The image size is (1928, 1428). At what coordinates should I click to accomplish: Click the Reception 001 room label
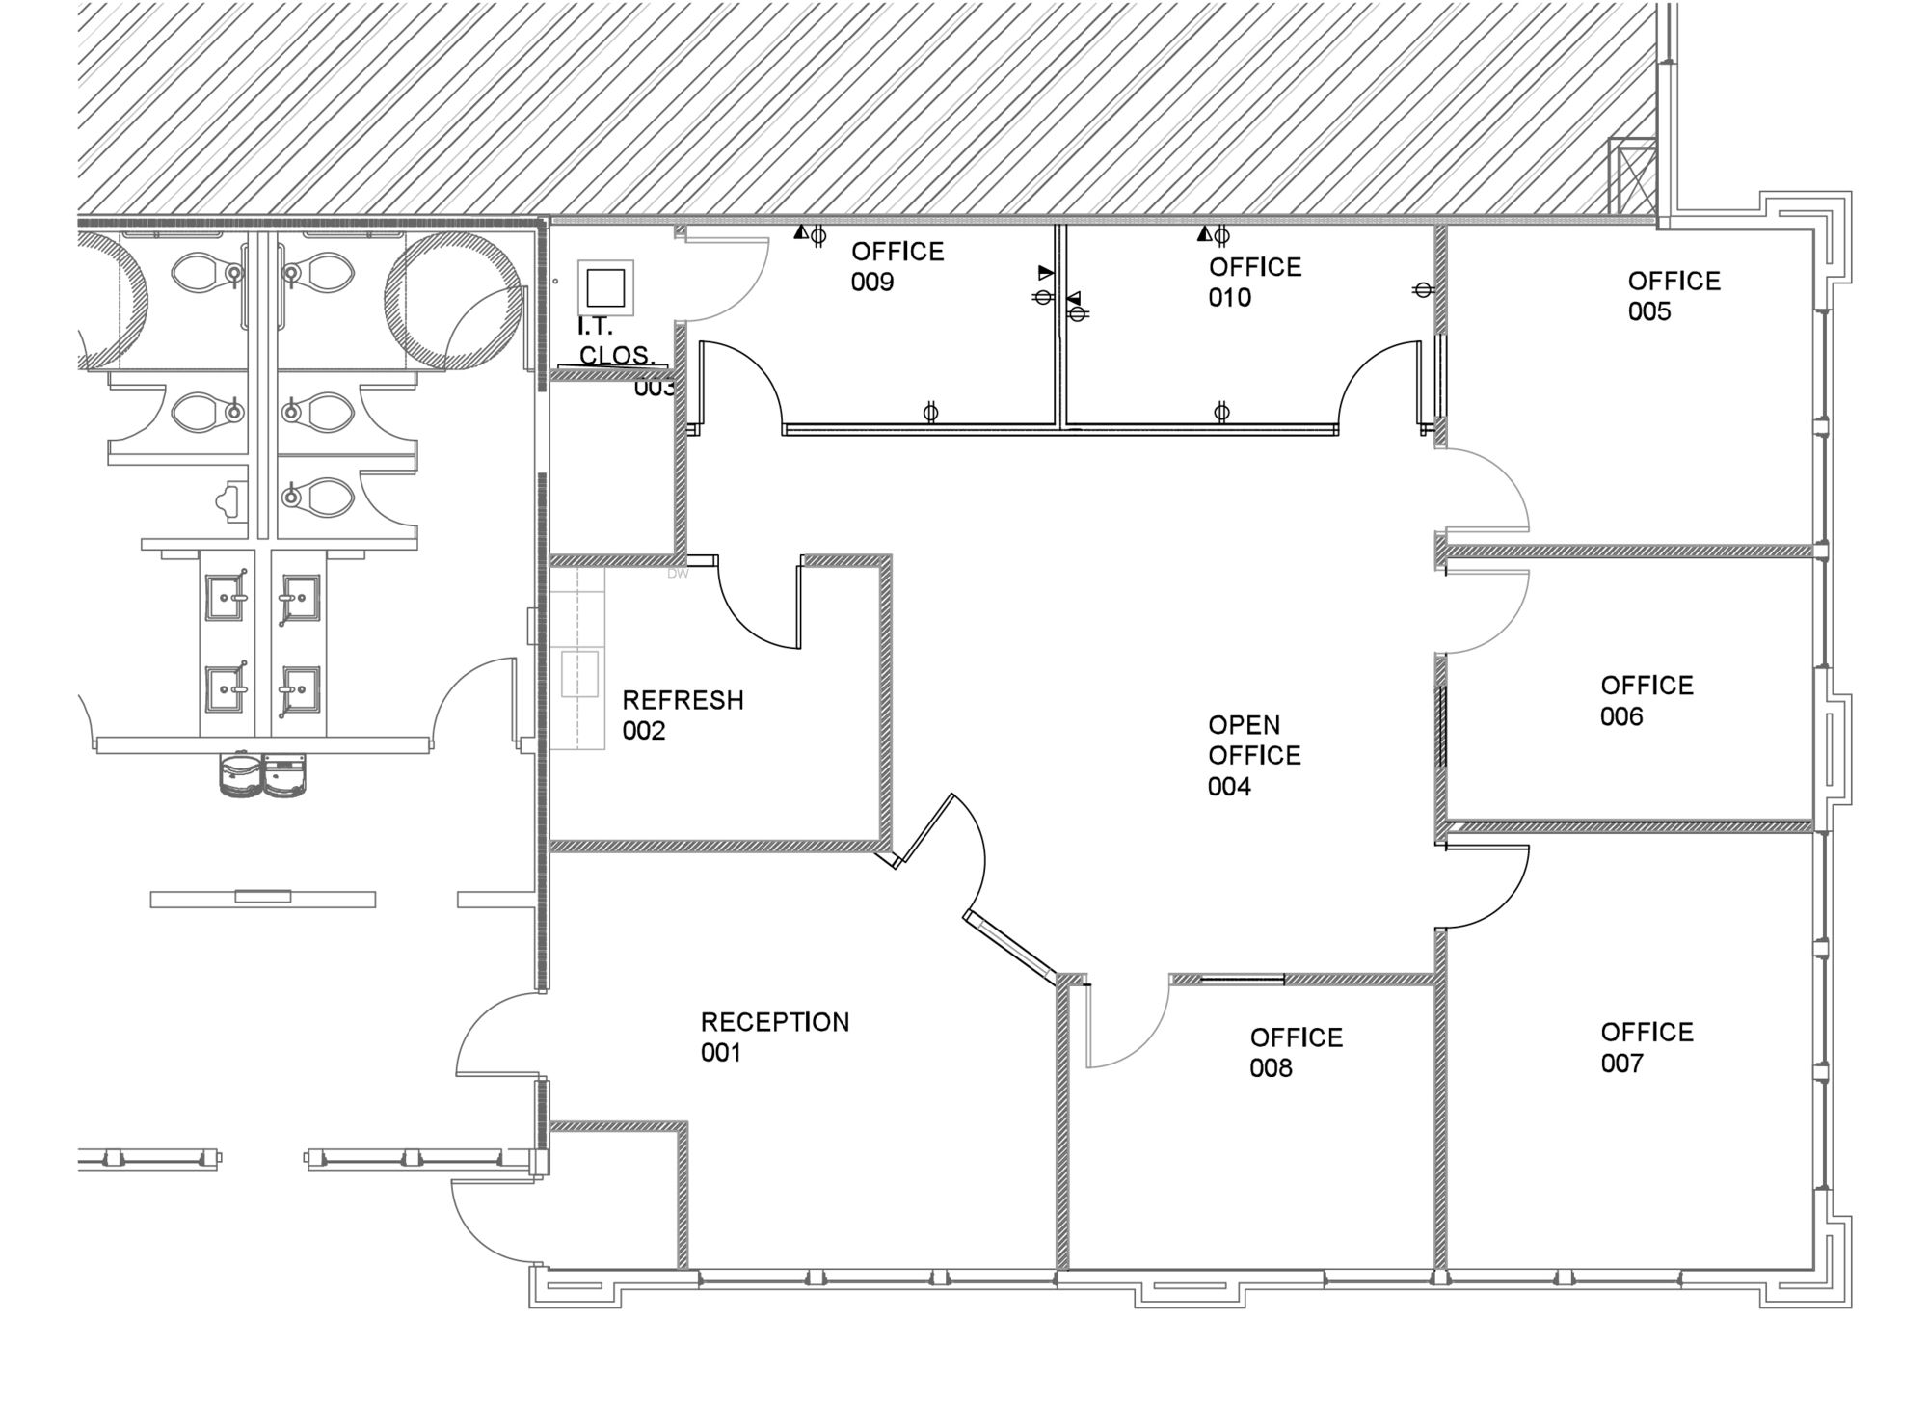(775, 1037)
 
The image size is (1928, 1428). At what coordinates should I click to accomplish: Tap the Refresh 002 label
(683, 714)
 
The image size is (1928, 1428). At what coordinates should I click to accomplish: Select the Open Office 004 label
(1254, 755)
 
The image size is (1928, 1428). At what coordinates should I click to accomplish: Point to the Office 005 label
(1674, 296)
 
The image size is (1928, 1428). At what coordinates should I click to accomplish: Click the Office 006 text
(1647, 701)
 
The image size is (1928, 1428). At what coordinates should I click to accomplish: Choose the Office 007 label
(1647, 1047)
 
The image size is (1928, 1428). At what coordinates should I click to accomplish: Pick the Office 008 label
(1296, 1053)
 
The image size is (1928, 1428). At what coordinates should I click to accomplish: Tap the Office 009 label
(897, 266)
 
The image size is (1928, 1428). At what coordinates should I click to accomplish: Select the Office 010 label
(1254, 282)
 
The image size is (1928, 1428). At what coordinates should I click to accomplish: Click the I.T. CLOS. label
(617, 342)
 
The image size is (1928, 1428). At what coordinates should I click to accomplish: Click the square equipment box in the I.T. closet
(605, 287)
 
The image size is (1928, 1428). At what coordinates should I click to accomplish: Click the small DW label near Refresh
(678, 574)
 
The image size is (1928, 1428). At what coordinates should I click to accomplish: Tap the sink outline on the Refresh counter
(579, 674)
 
